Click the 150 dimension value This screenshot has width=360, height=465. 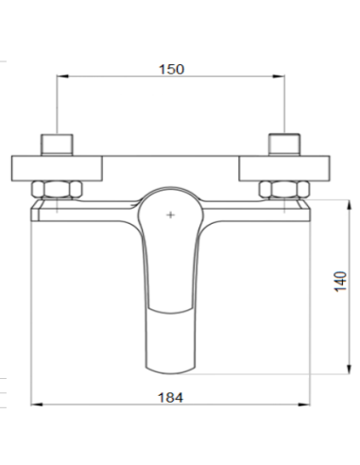[171, 69]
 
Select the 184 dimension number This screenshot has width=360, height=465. [171, 399]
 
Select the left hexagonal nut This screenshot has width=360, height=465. [58, 188]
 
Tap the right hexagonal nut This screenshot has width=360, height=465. [284, 188]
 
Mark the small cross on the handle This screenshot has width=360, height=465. [170, 216]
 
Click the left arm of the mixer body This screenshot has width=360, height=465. [85, 209]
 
